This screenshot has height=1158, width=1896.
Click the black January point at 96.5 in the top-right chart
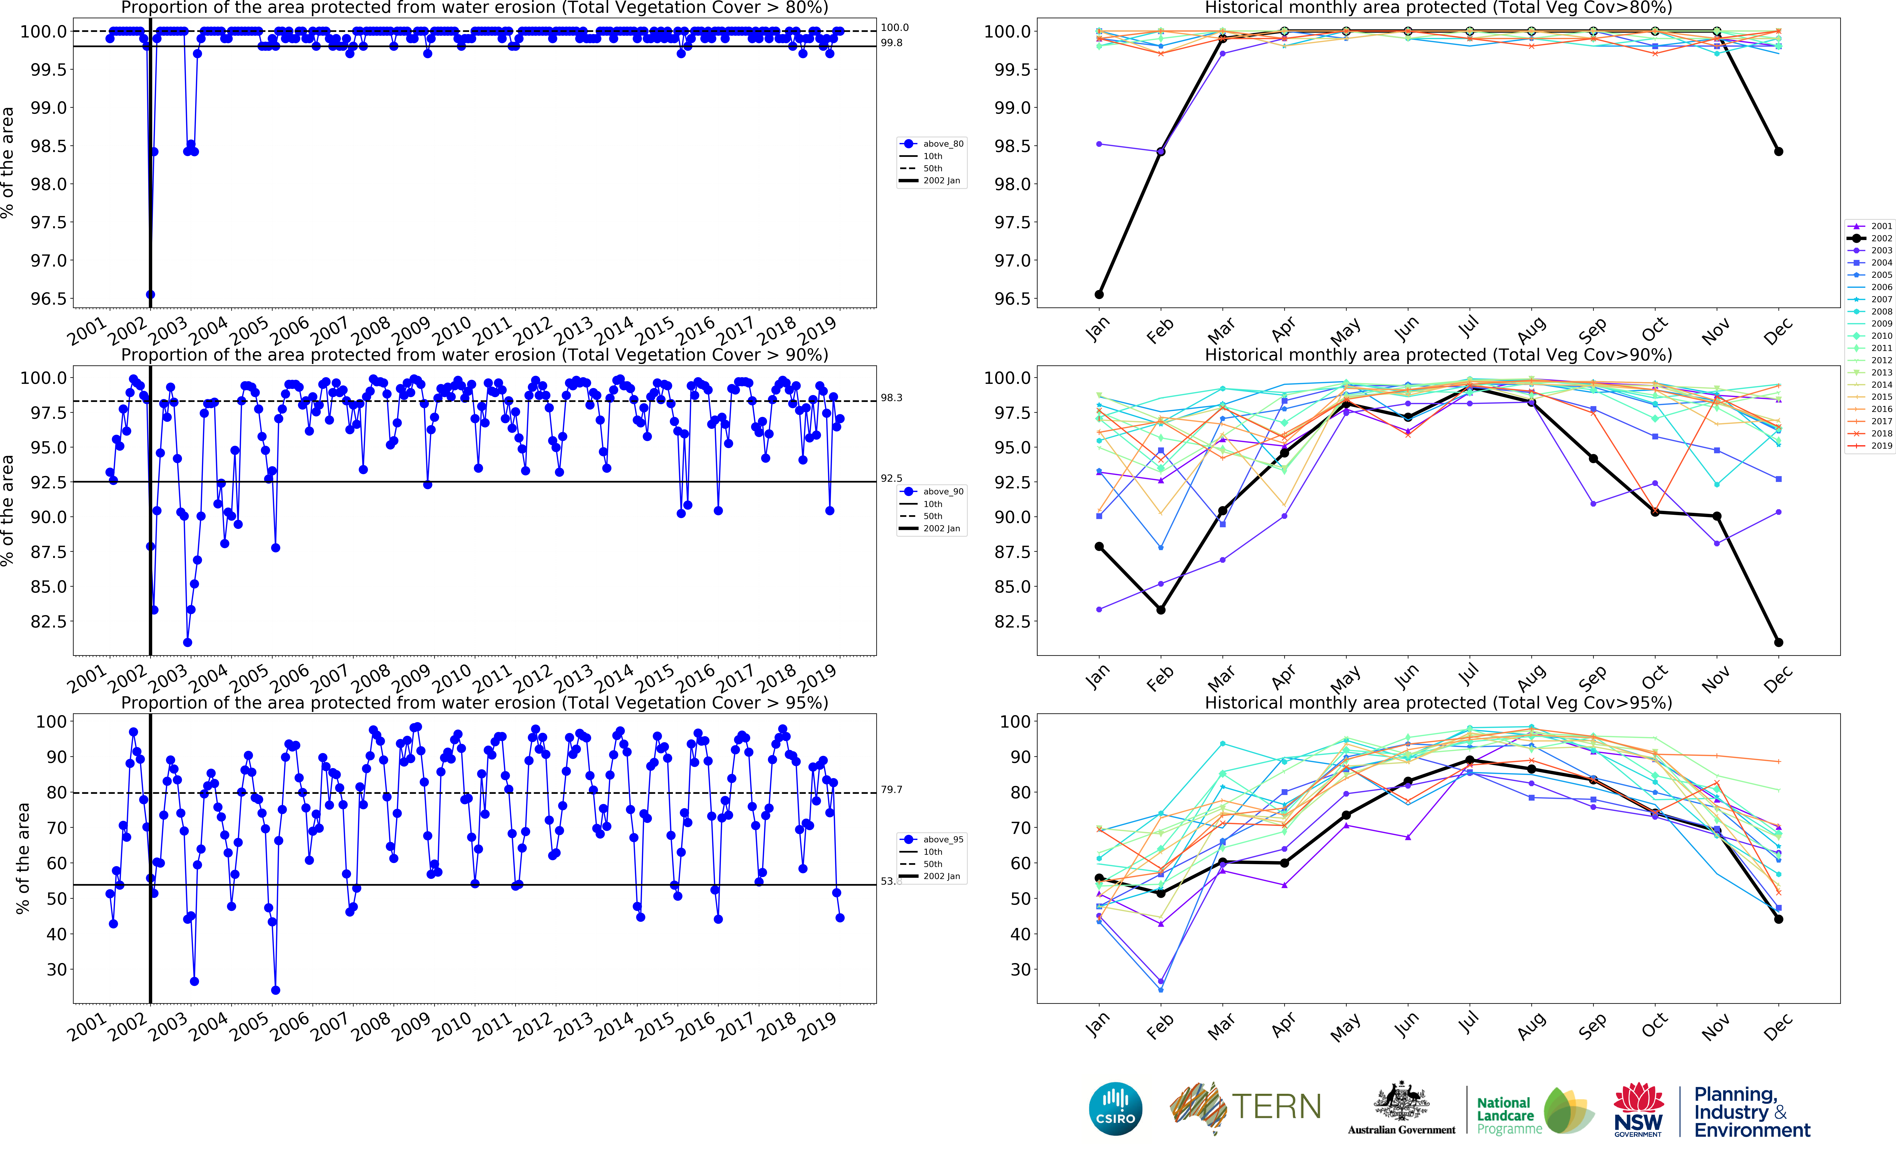click(x=1099, y=295)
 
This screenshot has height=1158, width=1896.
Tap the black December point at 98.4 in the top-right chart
click(x=1778, y=152)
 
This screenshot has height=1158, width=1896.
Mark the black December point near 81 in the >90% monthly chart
click(x=1778, y=643)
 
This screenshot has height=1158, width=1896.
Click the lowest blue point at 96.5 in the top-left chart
click(x=150, y=295)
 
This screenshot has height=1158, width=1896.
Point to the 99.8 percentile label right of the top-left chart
click(x=892, y=43)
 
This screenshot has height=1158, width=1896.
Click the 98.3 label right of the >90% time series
click(x=892, y=398)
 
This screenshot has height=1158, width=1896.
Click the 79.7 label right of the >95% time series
click(x=892, y=789)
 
